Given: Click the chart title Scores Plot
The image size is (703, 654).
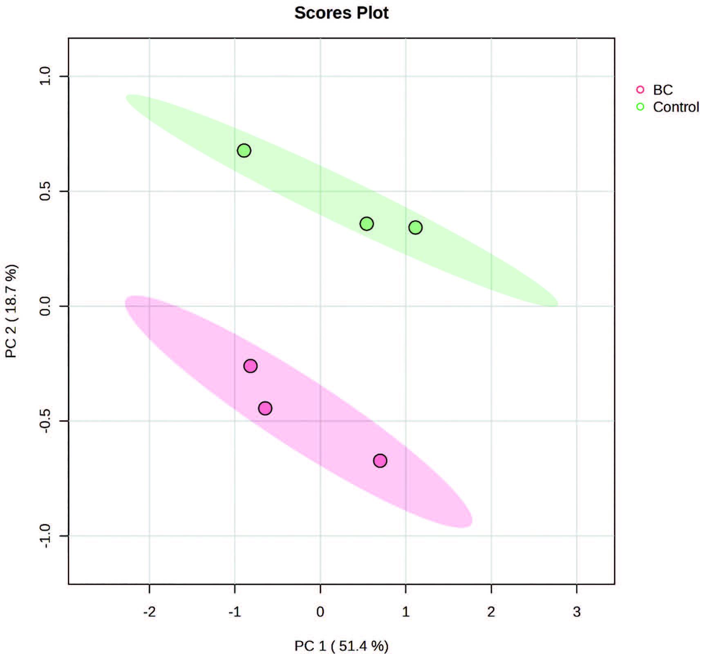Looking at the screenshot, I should click(x=341, y=13).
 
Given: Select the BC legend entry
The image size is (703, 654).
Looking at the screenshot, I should click(x=663, y=90).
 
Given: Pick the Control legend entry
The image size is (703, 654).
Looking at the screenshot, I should click(x=676, y=107).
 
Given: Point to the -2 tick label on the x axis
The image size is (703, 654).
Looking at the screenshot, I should click(x=149, y=612).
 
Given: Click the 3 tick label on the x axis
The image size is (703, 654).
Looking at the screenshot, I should click(x=576, y=612).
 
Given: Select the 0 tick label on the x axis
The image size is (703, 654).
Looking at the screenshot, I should click(x=320, y=612).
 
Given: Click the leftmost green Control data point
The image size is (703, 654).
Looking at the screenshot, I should click(x=244, y=151).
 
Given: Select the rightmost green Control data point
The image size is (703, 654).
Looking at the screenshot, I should click(x=415, y=228).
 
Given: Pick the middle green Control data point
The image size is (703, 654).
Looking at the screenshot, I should click(x=367, y=224).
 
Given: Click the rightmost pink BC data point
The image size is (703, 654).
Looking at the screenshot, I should click(x=380, y=461).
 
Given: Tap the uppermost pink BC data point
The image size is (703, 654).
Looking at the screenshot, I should click(x=251, y=366).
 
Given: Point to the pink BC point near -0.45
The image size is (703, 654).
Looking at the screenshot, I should click(x=265, y=408).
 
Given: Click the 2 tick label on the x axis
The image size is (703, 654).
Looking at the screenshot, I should click(x=491, y=612).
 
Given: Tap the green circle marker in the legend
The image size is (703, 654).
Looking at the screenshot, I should click(x=640, y=107).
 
